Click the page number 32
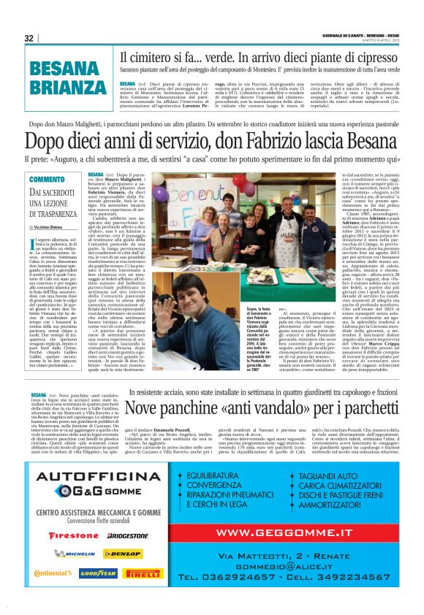click(29, 38)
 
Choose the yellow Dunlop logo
click(122, 554)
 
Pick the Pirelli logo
click(143, 573)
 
